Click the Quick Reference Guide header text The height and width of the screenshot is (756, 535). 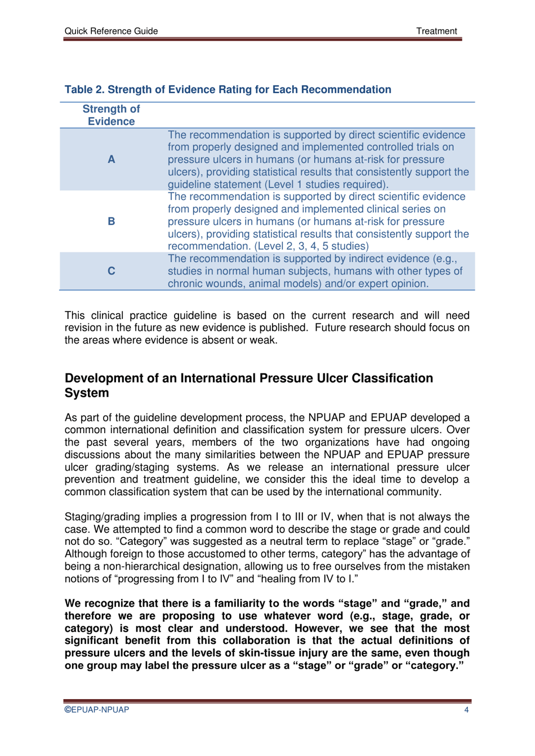click(111, 31)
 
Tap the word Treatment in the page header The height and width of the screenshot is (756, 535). click(436, 31)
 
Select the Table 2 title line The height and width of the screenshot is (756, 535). click(228, 90)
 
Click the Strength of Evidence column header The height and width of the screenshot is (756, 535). click(111, 115)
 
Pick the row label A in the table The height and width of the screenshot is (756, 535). click(112, 159)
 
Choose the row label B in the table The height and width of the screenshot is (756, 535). click(112, 221)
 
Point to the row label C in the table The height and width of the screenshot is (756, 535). click(112, 271)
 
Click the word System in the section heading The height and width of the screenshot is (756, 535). click(87, 393)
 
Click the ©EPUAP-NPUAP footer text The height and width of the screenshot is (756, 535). click(97, 710)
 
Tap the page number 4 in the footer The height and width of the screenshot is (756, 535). click(466, 710)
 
